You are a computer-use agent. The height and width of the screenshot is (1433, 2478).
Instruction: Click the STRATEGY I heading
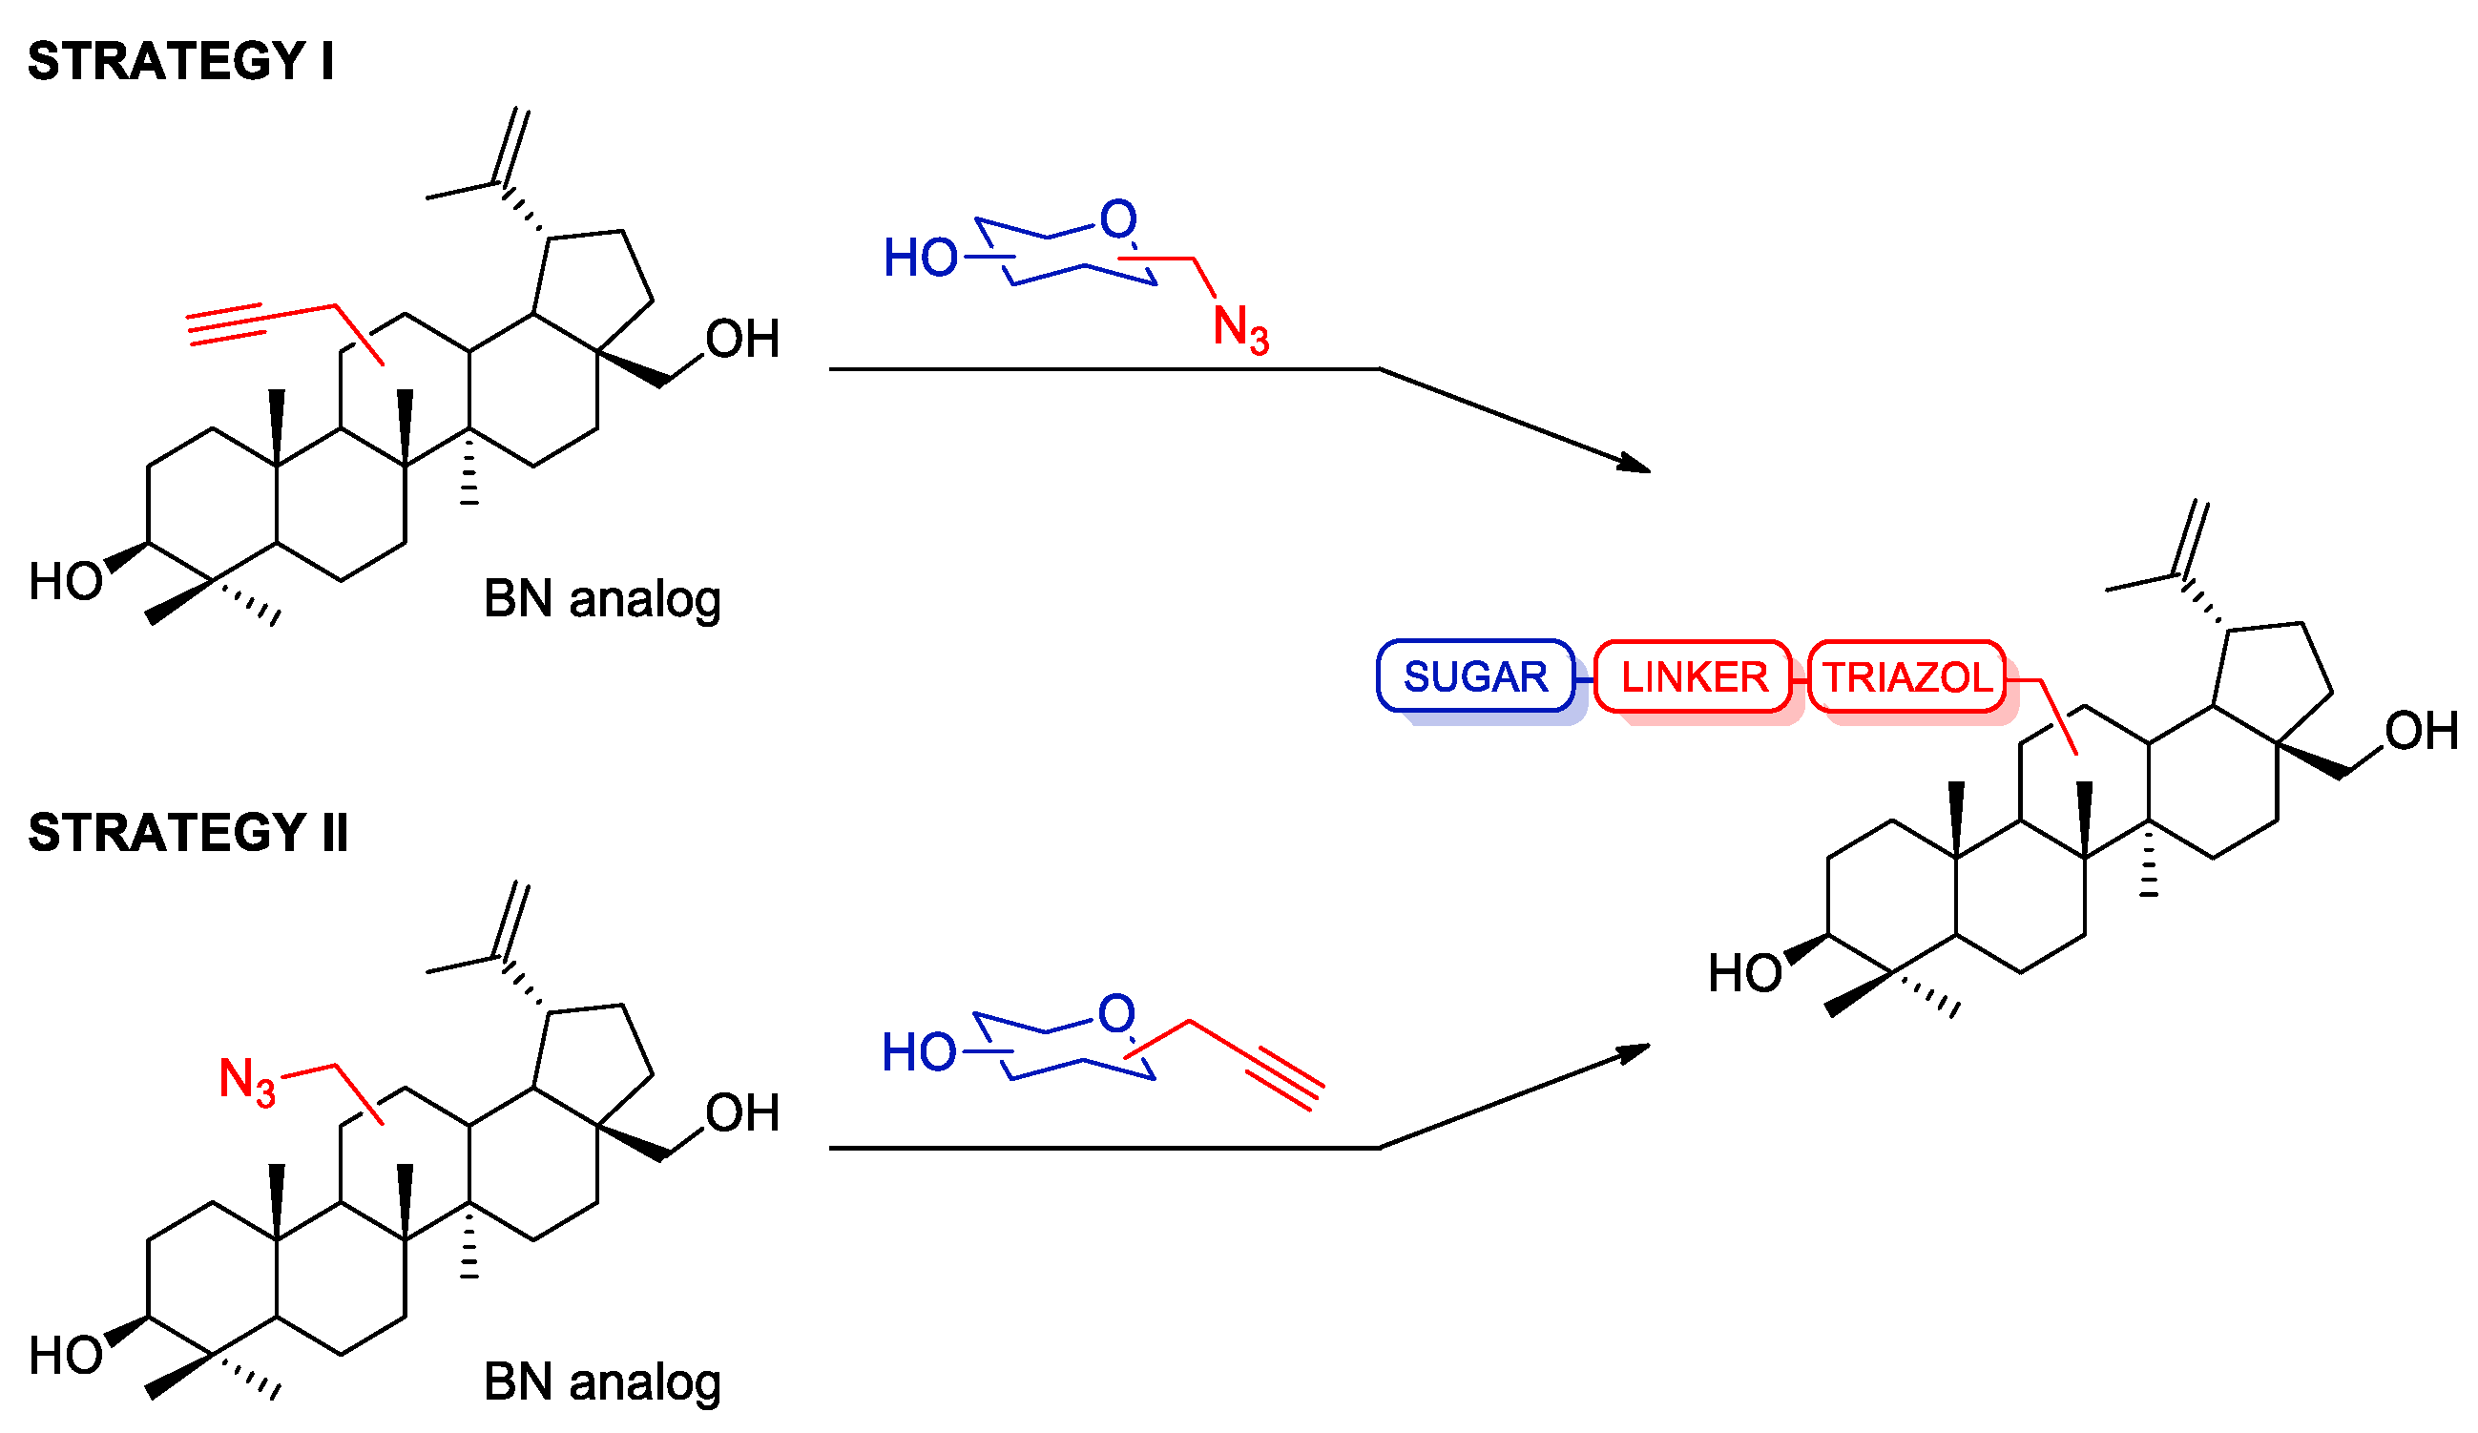[180, 61]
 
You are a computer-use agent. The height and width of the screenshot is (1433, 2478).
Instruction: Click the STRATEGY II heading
[188, 833]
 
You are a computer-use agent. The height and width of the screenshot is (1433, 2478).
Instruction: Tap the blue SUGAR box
[1475, 676]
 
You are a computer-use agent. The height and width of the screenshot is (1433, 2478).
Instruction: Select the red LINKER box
[1694, 676]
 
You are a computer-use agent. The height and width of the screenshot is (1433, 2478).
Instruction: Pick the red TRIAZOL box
[1907, 676]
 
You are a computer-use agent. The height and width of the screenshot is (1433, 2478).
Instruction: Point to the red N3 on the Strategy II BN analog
[247, 1081]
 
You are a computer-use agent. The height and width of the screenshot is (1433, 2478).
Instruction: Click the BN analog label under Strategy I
[602, 599]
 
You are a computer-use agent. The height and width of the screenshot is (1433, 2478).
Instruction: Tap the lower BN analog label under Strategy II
[602, 1381]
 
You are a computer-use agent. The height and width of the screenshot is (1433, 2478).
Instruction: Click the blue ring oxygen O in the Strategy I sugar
[1118, 218]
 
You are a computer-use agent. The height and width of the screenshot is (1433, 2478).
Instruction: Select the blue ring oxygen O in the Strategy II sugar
[1116, 1013]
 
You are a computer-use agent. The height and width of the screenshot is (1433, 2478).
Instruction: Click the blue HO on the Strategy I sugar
[920, 258]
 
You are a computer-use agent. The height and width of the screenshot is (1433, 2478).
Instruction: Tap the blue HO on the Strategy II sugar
[918, 1052]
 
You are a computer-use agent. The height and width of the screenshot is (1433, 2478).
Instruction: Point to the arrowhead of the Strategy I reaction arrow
[1636, 465]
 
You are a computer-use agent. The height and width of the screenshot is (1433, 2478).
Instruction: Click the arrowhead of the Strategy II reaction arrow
[1636, 1050]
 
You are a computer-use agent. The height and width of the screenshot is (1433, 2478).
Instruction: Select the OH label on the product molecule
[2421, 731]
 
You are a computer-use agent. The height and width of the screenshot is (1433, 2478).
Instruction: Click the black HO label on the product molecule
[1744, 974]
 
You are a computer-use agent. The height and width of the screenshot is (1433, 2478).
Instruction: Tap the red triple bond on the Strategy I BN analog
[226, 325]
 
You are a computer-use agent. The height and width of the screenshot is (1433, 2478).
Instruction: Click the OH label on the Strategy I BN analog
[742, 340]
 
